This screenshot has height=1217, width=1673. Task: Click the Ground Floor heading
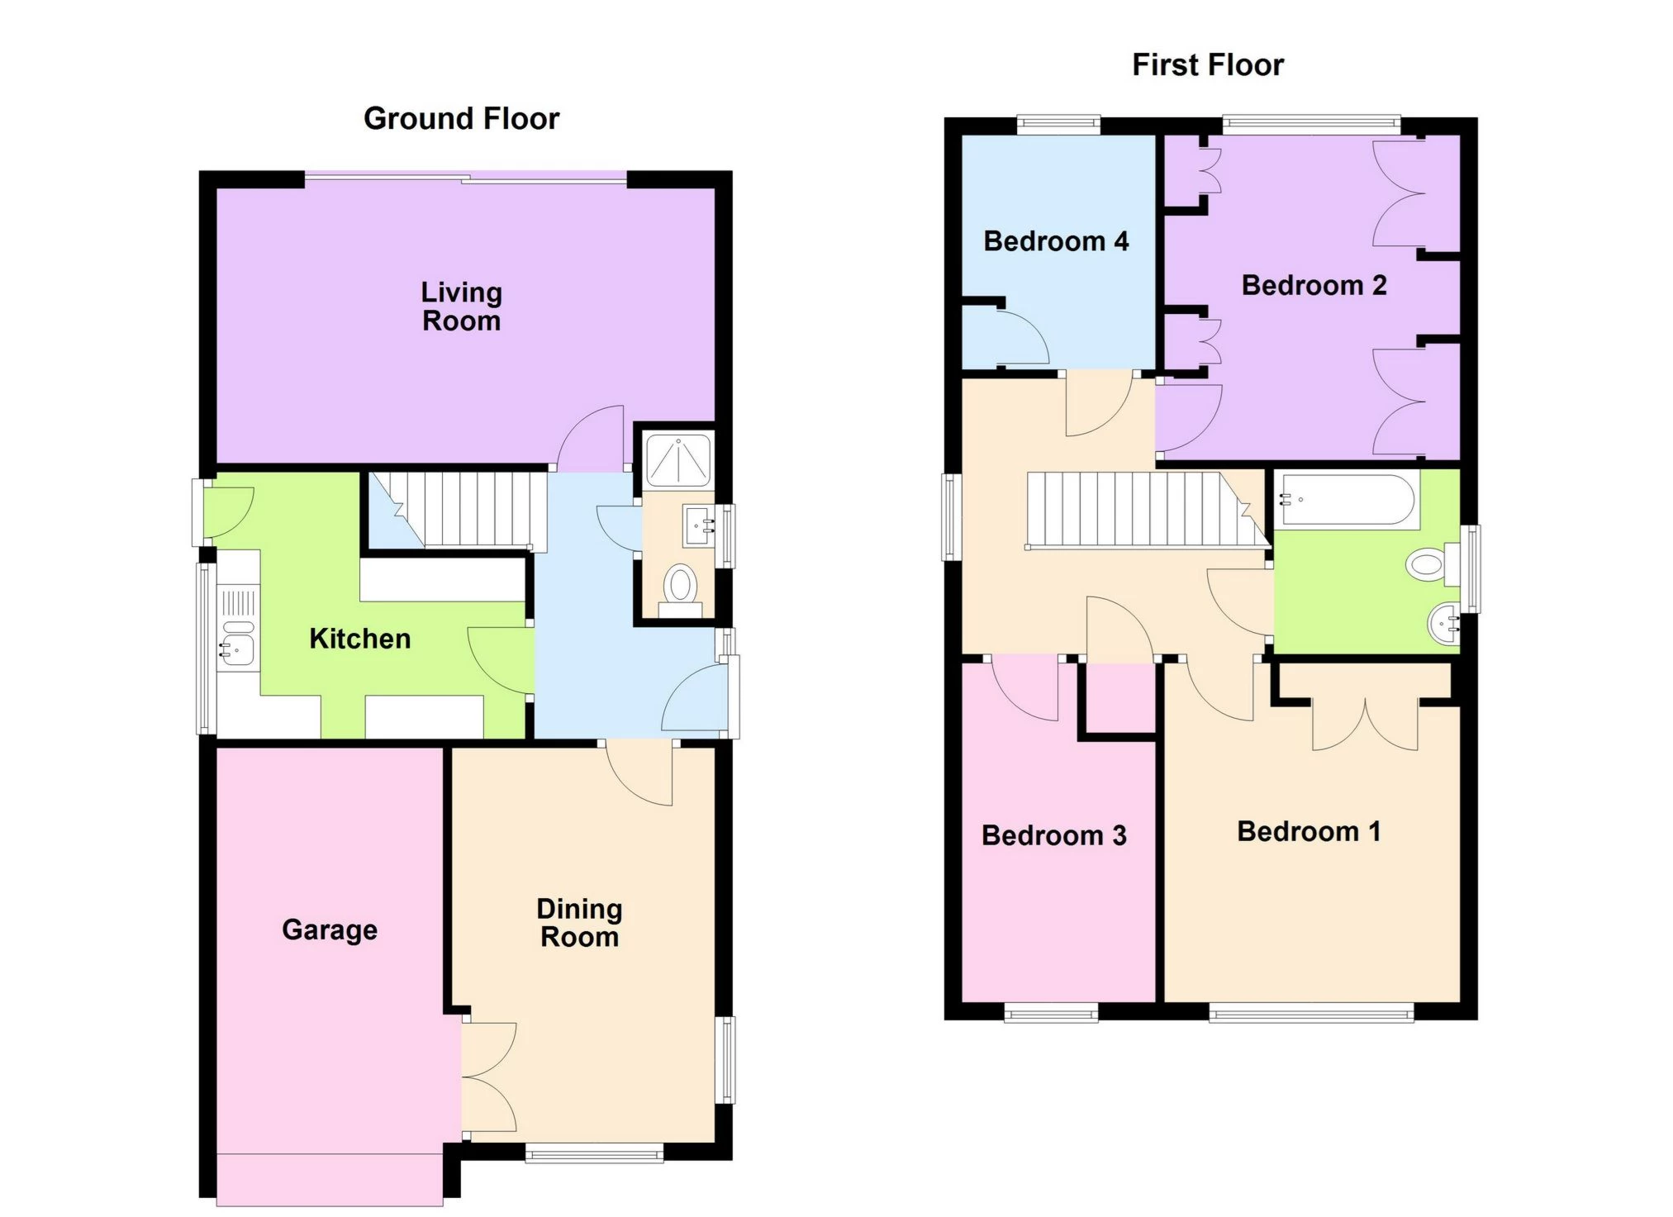[461, 119]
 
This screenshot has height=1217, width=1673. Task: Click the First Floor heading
[1207, 65]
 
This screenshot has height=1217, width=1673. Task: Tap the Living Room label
[461, 307]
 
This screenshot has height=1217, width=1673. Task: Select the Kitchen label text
[359, 639]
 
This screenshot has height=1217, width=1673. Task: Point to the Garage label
[330, 929]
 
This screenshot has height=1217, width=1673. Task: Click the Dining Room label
[579, 923]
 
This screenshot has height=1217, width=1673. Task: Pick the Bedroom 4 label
[1055, 241]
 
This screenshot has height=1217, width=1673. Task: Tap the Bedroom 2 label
[1314, 285]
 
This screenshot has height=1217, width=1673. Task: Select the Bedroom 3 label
[1053, 835]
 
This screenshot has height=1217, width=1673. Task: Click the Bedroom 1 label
[1309, 831]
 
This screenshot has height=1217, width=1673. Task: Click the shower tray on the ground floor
[678, 461]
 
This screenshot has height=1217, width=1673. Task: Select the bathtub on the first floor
[1346, 500]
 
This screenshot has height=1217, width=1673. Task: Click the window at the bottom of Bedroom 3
[1051, 1013]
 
